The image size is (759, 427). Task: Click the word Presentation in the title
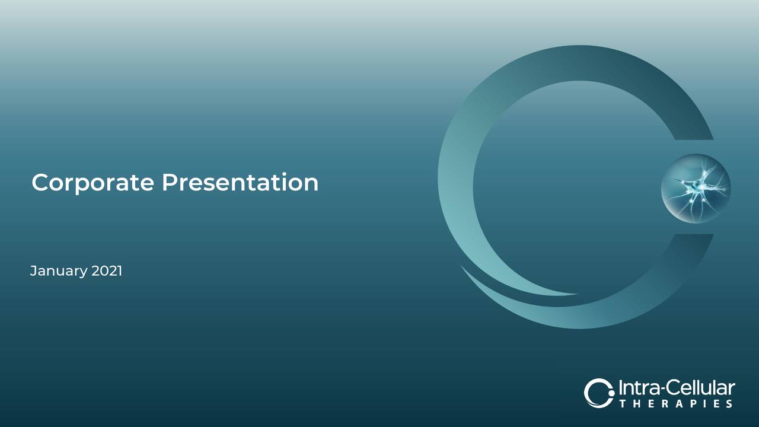point(240,182)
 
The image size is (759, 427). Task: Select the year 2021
point(107,271)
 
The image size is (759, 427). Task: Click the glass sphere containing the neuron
point(696,188)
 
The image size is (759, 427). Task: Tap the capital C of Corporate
point(40,182)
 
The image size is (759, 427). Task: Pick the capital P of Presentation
point(169,182)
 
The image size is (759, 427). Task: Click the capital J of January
point(33,271)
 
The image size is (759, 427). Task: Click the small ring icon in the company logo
point(598,393)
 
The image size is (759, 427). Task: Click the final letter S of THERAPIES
point(729,404)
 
